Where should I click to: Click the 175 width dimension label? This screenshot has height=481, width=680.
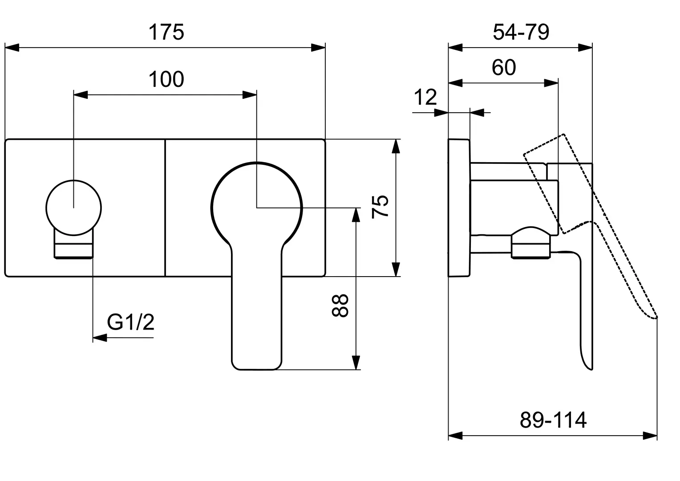(x=166, y=32)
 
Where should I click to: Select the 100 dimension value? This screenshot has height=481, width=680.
(x=166, y=79)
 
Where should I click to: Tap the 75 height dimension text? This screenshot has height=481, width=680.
(x=380, y=207)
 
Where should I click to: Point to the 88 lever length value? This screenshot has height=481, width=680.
(x=340, y=306)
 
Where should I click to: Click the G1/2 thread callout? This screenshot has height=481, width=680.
(x=130, y=322)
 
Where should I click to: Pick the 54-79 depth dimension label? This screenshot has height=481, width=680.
(x=521, y=32)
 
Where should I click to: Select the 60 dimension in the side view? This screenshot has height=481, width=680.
(x=504, y=67)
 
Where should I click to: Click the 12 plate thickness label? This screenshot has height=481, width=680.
(x=425, y=97)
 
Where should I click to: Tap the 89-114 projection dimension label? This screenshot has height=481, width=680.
(x=553, y=420)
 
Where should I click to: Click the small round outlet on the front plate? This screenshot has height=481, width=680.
(x=74, y=208)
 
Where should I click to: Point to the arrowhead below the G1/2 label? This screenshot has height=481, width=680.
(x=100, y=338)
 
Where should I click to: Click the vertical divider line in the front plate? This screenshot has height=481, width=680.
(x=165, y=208)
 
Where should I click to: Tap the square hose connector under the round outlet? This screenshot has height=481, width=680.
(x=74, y=247)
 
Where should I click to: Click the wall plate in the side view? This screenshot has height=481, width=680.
(x=459, y=208)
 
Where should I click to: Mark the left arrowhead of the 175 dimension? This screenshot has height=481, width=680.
(x=12, y=48)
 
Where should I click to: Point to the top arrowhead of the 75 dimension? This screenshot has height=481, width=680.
(x=396, y=146)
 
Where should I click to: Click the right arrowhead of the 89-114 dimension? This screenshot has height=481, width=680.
(x=650, y=436)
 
